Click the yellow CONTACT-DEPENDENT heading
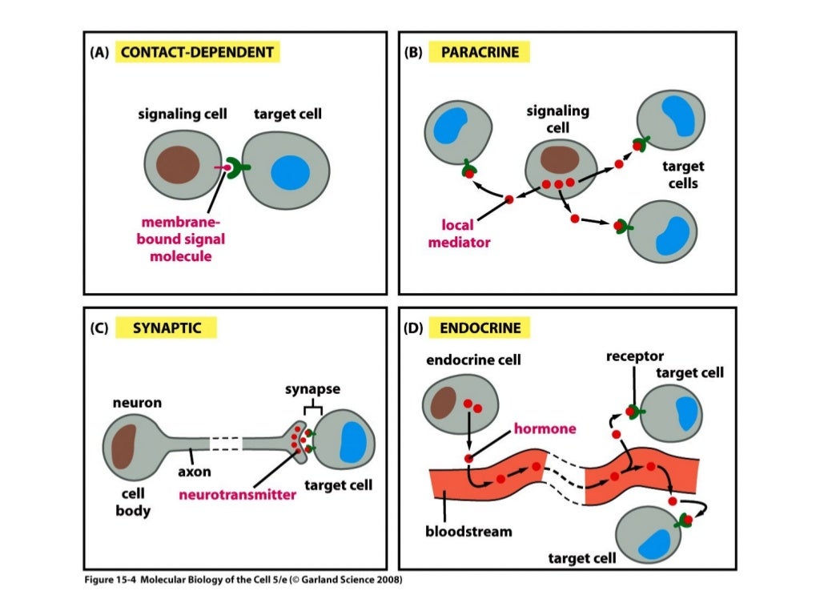tap(197, 53)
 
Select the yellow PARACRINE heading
tap(479, 53)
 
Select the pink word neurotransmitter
tap(238, 495)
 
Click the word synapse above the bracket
tap(312, 389)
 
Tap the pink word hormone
tap(545, 429)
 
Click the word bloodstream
tap(468, 530)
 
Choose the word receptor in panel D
tap(635, 356)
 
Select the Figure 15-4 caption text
tap(241, 580)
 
